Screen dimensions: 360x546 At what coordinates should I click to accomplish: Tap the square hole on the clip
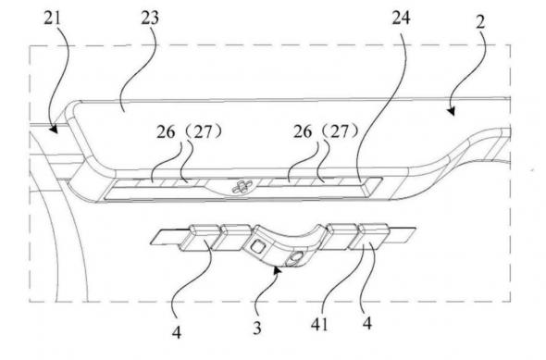tap(259, 247)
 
